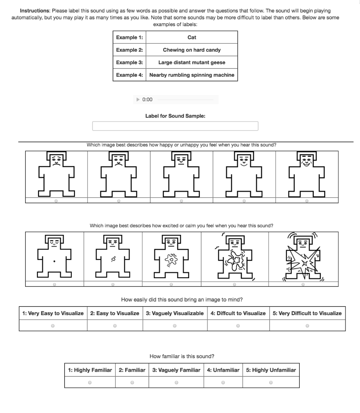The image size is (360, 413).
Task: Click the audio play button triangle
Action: [138, 100]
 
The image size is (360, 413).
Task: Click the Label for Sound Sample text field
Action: [175, 126]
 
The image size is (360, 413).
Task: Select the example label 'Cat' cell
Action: [192, 37]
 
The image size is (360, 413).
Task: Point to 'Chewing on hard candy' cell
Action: [192, 50]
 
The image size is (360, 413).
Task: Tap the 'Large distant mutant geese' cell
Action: [192, 62]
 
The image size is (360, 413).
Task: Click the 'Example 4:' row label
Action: [129, 75]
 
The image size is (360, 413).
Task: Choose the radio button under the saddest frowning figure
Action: [56, 201]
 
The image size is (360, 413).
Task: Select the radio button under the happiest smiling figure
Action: [307, 201]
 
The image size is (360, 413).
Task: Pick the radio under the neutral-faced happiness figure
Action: [181, 201]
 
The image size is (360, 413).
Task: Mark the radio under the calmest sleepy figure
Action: [55, 284]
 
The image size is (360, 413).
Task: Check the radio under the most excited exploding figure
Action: [303, 284]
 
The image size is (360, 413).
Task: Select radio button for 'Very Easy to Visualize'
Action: [53, 326]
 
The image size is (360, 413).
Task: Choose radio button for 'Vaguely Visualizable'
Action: [175, 326]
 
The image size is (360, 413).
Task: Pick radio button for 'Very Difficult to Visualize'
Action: [307, 326]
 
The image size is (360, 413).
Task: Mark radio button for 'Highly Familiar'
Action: [90, 383]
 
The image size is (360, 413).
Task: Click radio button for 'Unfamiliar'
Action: [223, 383]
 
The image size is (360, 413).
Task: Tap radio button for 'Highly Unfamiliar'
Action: [271, 383]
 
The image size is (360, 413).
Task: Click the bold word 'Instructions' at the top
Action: [35, 11]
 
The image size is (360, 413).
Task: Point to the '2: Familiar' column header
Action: [132, 370]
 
